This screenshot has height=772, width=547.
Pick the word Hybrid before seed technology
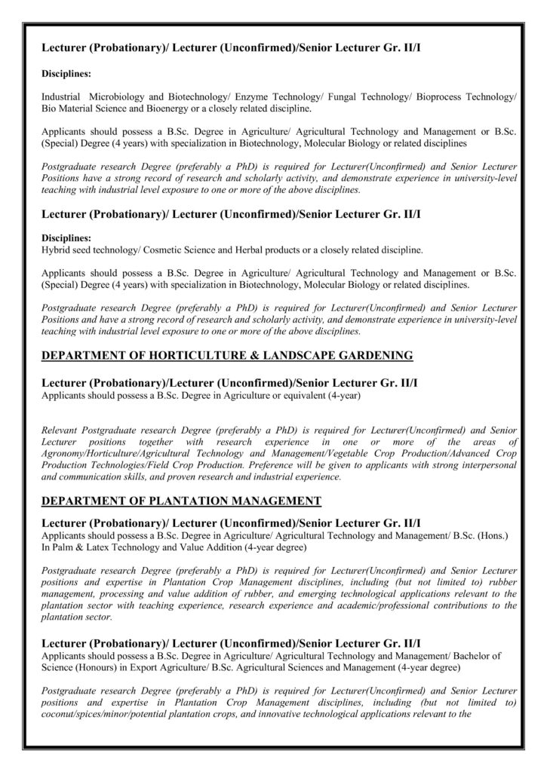(56, 249)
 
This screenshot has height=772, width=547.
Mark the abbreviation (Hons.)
(494, 535)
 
